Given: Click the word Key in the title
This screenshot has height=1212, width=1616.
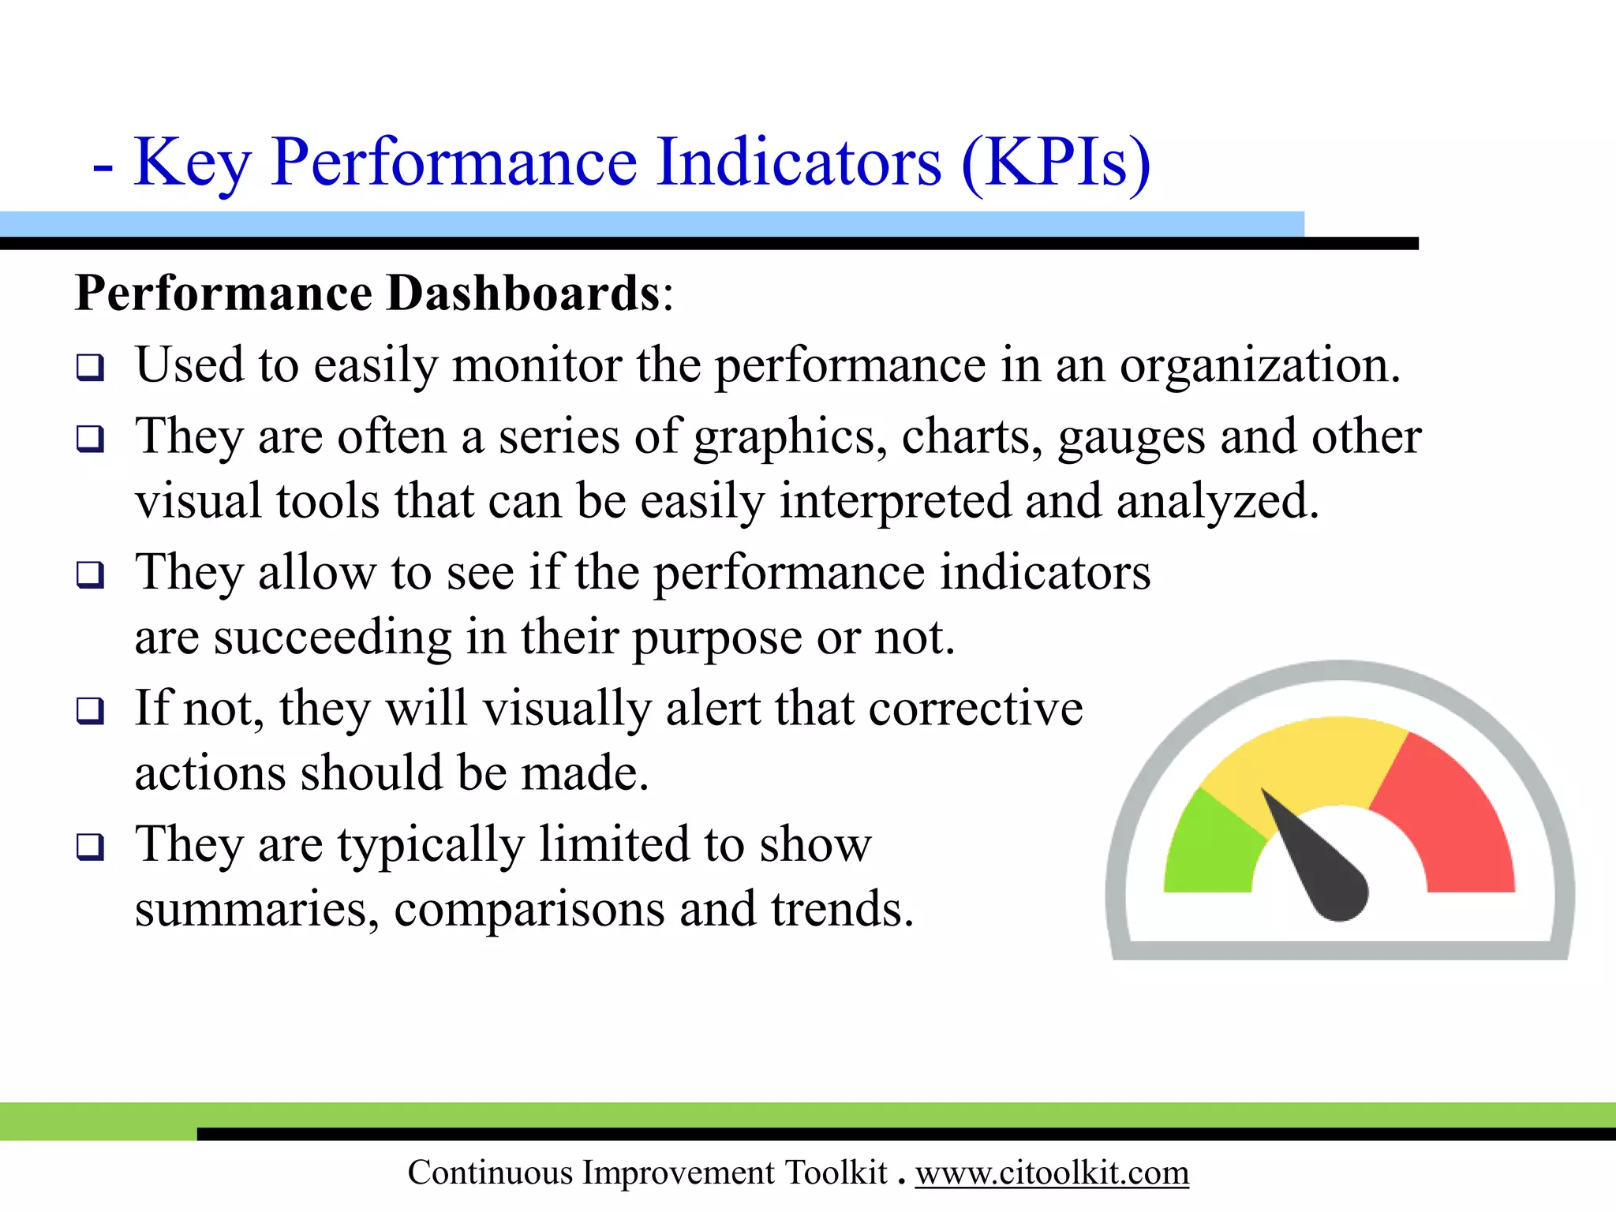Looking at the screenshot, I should coord(193,164).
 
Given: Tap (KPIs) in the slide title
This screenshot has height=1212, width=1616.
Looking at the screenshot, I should coord(1056,164).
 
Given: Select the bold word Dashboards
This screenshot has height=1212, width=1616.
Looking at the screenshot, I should coord(523,294).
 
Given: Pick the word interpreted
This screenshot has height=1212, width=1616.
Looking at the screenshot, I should coord(895,503).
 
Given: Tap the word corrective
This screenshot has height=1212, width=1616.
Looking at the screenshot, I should coord(975,708).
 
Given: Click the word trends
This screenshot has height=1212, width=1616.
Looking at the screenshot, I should coord(842,909).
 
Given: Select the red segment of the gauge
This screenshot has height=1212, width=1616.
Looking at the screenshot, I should coord(1452,821).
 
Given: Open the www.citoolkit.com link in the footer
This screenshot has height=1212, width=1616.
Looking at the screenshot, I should coord(1052,1173).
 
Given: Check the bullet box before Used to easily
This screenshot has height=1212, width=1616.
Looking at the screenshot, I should coord(90,368).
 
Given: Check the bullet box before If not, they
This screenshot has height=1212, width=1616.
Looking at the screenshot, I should coord(90,711).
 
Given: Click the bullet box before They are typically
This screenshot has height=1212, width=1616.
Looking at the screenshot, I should coord(90,847).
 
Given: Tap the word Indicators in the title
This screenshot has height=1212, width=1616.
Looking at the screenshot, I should coord(799,164).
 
